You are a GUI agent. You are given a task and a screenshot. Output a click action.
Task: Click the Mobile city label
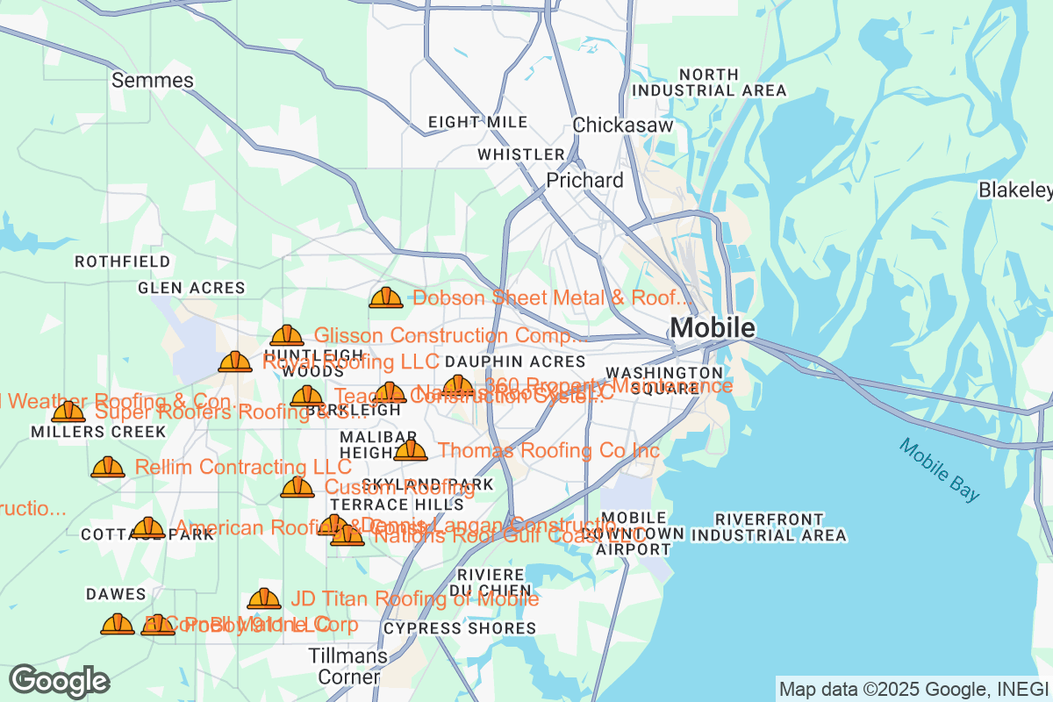tap(712, 328)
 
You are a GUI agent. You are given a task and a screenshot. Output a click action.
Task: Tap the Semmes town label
tap(153, 81)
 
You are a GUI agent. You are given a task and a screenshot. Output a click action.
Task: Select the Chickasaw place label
tap(622, 125)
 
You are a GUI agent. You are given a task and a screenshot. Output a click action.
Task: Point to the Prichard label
tap(584, 180)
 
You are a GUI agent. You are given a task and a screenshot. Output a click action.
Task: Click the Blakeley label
tap(1015, 190)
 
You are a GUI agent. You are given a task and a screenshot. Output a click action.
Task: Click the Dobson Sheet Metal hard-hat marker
tap(386, 298)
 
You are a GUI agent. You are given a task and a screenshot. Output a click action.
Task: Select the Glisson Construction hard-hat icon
tap(287, 335)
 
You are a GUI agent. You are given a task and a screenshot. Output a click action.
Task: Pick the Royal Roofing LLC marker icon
tap(235, 362)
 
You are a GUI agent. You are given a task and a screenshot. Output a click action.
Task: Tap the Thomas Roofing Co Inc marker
tap(410, 451)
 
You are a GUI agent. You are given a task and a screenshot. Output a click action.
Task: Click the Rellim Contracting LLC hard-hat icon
tap(108, 467)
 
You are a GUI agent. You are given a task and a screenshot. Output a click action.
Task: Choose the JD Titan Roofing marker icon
tap(264, 598)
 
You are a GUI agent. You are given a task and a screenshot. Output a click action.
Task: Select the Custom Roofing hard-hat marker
tap(297, 487)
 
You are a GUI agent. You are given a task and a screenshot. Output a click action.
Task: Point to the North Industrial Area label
tap(709, 82)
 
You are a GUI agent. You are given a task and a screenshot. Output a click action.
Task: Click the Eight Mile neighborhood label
tap(477, 122)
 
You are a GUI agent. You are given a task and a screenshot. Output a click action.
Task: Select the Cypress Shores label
tap(460, 628)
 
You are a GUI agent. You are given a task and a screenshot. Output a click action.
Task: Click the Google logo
tap(59, 681)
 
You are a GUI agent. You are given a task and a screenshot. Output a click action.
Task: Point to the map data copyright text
tap(913, 689)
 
